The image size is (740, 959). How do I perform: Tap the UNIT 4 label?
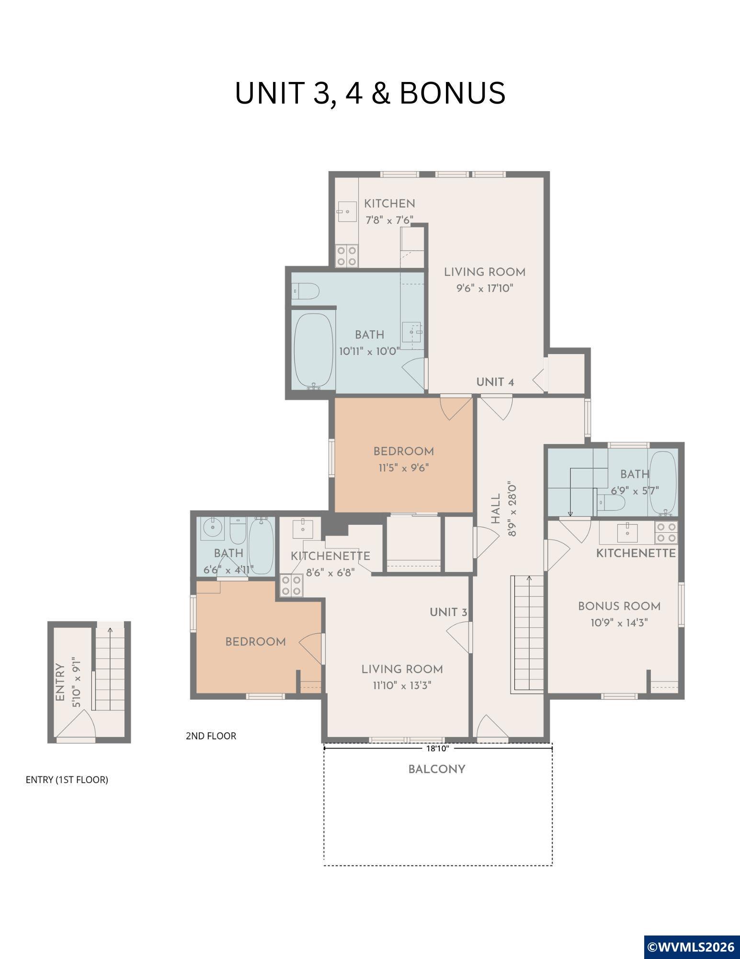coord(495,382)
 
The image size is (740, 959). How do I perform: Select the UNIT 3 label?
coord(448,612)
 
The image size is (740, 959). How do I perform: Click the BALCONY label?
coord(437,770)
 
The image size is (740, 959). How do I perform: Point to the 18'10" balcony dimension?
coord(438,748)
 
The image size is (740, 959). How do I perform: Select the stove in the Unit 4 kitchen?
coord(346,256)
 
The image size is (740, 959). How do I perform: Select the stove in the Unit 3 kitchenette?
coord(291,585)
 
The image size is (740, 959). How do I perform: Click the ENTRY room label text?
coord(60,682)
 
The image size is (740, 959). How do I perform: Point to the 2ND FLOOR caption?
coord(211,736)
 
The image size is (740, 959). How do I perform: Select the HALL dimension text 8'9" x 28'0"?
coord(512,509)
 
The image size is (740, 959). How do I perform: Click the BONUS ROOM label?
coord(619,607)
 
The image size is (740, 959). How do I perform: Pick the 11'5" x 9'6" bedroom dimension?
coord(404,468)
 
